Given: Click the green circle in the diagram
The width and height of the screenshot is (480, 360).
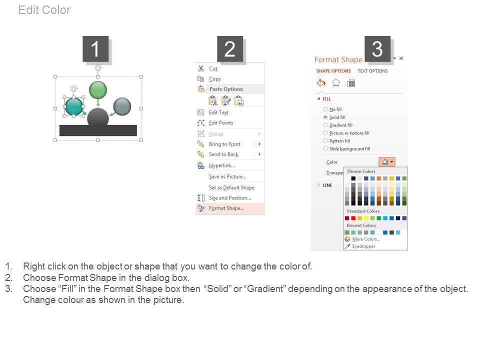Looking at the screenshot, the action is click(x=98, y=90).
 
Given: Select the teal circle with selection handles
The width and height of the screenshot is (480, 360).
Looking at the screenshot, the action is click(x=74, y=106).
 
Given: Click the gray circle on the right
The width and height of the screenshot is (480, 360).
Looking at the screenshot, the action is click(x=122, y=106).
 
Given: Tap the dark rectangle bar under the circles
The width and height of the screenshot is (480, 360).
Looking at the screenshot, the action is click(x=98, y=130).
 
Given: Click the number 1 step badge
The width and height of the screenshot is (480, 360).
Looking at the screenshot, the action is click(x=95, y=49).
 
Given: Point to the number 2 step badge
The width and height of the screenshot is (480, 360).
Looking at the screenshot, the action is click(x=230, y=49).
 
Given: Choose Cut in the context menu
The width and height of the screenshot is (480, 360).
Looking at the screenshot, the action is click(x=213, y=68).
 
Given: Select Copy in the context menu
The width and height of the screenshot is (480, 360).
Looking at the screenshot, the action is click(x=215, y=79).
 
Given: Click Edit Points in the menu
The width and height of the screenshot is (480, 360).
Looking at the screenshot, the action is click(x=221, y=123).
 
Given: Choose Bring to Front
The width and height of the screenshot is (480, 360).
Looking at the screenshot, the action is click(x=224, y=144).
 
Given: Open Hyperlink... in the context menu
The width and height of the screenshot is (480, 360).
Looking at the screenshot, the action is click(x=222, y=165).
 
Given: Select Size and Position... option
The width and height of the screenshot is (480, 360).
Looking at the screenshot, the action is click(x=230, y=198).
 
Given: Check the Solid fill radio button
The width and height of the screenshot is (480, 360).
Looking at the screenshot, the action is click(x=325, y=117).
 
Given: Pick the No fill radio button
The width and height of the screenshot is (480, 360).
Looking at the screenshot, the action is click(x=325, y=109).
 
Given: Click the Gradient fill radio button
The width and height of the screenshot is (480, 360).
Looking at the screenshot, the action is click(x=325, y=125).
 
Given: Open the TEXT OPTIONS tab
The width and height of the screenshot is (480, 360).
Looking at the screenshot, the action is click(x=372, y=71).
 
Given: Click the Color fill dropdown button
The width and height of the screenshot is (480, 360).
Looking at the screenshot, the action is click(x=387, y=161).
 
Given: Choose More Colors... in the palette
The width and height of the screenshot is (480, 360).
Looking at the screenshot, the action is click(x=366, y=239).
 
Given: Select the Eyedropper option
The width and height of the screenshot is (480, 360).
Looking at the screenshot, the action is click(x=363, y=246).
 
